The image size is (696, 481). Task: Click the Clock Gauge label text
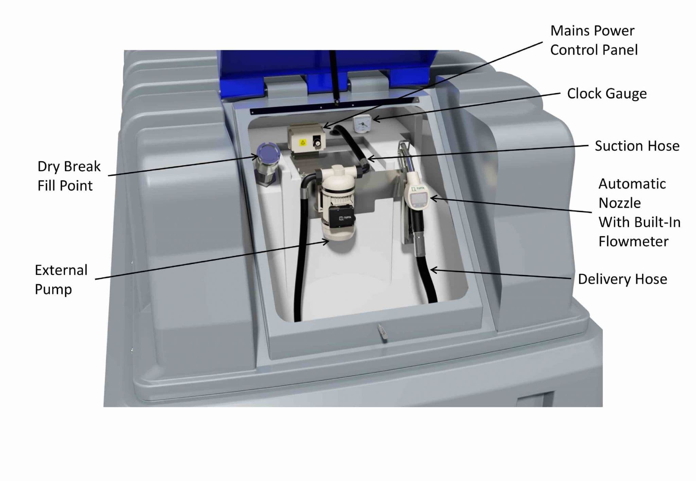[607, 94]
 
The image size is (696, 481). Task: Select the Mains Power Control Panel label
[594, 40]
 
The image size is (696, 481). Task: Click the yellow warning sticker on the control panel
[302, 143]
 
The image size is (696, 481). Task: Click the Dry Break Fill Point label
[69, 176]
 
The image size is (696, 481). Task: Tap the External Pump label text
[61, 280]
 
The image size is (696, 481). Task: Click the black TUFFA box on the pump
[342, 217]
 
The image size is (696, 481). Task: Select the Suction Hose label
[637, 146]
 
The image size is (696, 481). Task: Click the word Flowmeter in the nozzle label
[633, 241]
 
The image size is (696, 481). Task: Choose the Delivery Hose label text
[622, 279]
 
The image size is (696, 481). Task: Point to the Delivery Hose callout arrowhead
[433, 270]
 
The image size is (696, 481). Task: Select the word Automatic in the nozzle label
[632, 184]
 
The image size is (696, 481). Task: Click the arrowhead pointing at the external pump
[326, 241]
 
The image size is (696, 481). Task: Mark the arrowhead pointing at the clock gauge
[376, 119]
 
